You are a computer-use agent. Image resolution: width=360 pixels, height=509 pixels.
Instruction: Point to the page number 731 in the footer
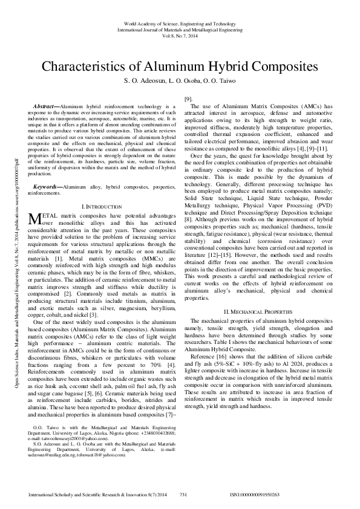[x=184, y=494]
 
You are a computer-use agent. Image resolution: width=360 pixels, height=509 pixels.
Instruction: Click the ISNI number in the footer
[x=263, y=494]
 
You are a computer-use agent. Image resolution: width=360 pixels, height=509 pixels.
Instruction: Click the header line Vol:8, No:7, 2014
[x=180, y=36]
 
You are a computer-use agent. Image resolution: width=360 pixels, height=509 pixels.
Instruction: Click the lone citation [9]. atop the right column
[x=188, y=99]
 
